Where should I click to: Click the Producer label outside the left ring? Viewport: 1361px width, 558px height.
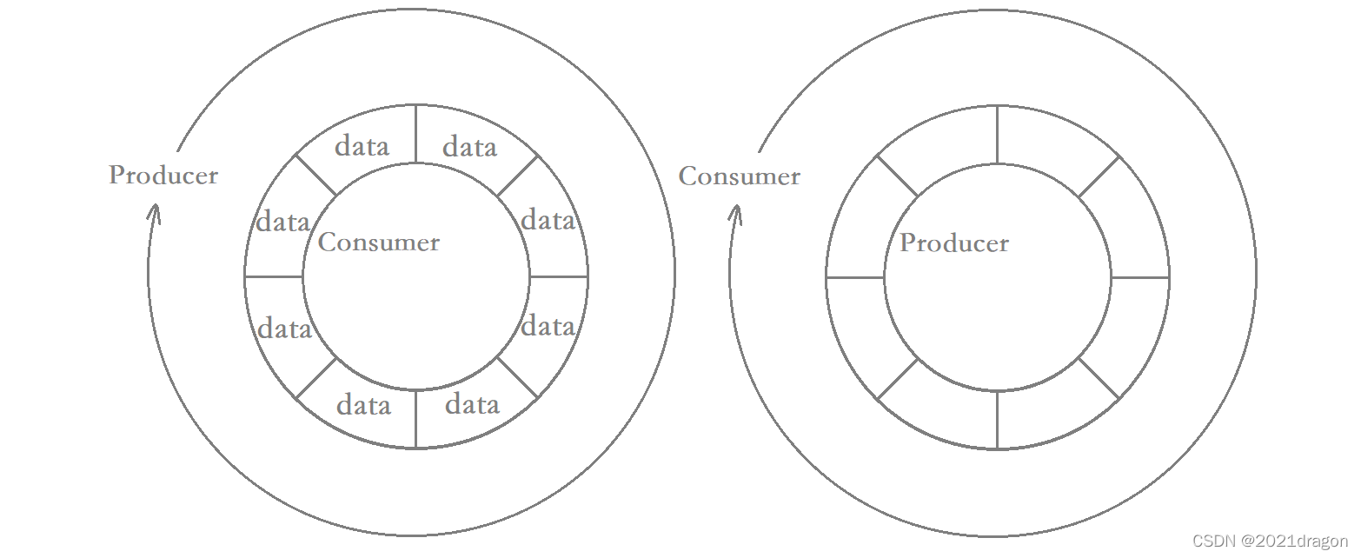coord(163,175)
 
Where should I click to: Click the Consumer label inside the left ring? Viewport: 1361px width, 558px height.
coord(379,242)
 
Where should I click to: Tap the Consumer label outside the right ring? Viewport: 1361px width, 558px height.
coord(740,176)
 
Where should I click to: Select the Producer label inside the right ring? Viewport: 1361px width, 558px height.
coord(954,243)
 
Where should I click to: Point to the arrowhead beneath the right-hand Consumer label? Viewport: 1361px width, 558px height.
coord(735,213)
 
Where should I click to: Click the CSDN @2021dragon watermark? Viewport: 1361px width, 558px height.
coord(1270,541)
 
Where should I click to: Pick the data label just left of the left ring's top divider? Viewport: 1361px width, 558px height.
coord(362,146)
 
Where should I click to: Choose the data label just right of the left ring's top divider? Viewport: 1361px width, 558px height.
coord(469,147)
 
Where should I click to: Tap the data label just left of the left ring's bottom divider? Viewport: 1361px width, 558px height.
coord(363,405)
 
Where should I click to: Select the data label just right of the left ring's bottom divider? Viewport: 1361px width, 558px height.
coord(472,404)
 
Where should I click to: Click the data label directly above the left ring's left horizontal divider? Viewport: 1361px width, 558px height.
coord(282,222)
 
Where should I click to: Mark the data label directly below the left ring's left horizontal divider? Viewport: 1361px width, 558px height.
coord(284,329)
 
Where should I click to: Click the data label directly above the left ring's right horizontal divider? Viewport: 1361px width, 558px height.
coord(548,221)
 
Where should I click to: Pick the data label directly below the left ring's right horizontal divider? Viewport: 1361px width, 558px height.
coord(548,327)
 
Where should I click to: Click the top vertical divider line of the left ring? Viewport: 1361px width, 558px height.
coord(416,134)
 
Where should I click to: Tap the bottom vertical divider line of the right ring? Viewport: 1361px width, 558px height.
coord(997,420)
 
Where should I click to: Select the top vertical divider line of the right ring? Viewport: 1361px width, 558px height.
coord(997,135)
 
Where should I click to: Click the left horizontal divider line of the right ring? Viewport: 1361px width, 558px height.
coord(855,277)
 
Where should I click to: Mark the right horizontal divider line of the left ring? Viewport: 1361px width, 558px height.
coord(559,276)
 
